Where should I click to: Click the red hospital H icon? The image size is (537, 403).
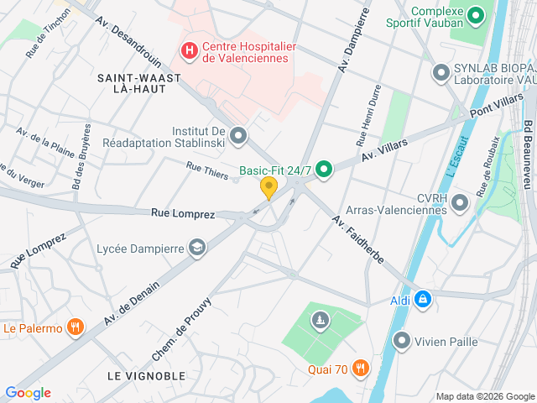(x=189, y=51)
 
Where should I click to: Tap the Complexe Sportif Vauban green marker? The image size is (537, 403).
(x=476, y=15)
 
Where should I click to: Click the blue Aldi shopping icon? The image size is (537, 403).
(x=422, y=299)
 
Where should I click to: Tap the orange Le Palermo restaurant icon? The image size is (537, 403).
(x=76, y=327)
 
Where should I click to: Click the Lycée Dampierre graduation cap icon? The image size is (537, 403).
(x=197, y=247)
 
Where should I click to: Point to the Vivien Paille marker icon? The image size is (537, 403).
(x=402, y=341)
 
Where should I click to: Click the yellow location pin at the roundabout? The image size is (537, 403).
(x=268, y=187)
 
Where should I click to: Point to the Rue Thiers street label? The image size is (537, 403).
(x=206, y=170)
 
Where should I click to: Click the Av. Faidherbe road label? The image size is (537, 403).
(x=357, y=239)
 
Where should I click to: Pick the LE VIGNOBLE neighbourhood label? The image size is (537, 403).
(x=145, y=374)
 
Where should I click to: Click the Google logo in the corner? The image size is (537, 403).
(x=28, y=393)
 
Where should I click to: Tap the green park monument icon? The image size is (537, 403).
(x=319, y=319)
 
